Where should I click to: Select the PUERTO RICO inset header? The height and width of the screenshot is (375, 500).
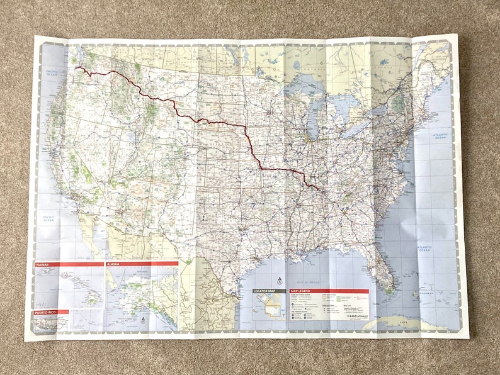pos(50,312)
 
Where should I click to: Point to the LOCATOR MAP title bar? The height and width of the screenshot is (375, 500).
pos(269,291)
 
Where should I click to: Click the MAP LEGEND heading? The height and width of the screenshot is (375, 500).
pos(328,291)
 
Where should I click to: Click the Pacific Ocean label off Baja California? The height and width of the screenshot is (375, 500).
pos(48,218)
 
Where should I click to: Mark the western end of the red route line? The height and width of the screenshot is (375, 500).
pos(77,67)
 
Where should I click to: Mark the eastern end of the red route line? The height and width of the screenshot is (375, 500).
pos(318,189)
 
